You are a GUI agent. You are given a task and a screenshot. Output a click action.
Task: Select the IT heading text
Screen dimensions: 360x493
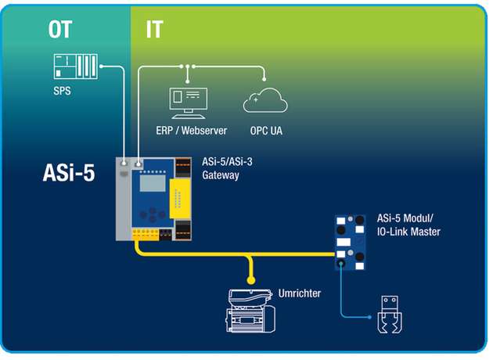pos(153,30)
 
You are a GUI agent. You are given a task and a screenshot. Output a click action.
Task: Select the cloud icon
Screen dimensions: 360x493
pos(264,101)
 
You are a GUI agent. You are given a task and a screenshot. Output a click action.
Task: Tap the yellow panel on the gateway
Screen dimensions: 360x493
pos(179,199)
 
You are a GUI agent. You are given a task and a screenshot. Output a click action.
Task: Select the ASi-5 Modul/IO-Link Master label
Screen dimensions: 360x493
pos(408,225)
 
